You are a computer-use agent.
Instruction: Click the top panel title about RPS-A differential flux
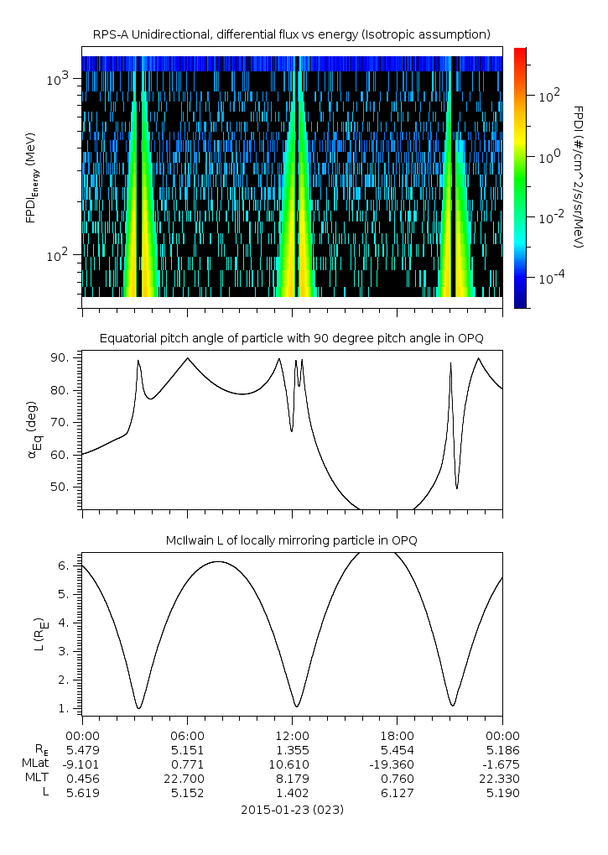[291, 34]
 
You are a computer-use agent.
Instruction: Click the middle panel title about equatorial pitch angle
[292, 338]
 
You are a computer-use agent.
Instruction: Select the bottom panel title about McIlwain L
[292, 540]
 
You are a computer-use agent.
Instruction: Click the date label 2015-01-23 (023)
[292, 810]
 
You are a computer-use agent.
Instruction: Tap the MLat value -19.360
[397, 764]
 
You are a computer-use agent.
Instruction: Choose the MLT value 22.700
[187, 779]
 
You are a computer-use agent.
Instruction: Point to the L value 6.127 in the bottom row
[397, 793]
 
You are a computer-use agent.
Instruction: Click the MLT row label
[34, 779]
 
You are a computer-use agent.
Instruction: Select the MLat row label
[34, 764]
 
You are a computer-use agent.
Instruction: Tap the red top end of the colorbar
[520, 52]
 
